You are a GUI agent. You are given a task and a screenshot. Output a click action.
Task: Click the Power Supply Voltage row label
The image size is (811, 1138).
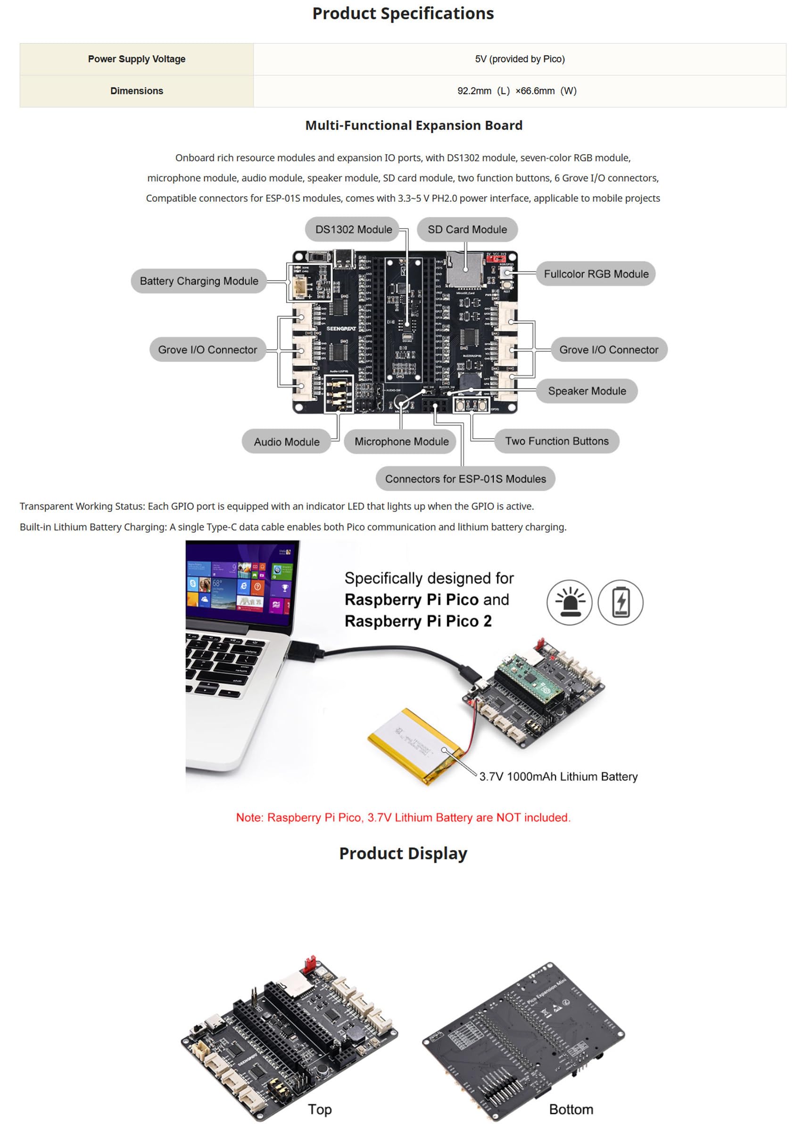pyautogui.click(x=136, y=59)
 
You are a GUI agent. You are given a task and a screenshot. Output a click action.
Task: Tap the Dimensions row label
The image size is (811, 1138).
pyautogui.click(x=136, y=91)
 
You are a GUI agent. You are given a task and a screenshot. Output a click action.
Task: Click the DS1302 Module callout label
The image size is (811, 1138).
pyautogui.click(x=353, y=230)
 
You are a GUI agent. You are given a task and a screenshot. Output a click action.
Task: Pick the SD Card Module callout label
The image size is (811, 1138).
pyautogui.click(x=467, y=230)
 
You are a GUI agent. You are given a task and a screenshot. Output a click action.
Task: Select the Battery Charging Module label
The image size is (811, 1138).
pyautogui.click(x=199, y=281)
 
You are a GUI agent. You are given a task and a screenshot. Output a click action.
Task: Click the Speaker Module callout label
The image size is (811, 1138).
pyautogui.click(x=586, y=391)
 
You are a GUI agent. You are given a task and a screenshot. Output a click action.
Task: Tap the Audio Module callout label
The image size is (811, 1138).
pyautogui.click(x=286, y=442)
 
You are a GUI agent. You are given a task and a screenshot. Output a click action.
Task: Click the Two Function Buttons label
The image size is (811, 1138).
pyautogui.click(x=556, y=441)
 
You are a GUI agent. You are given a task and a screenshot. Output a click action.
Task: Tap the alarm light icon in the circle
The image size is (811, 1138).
pyautogui.click(x=569, y=602)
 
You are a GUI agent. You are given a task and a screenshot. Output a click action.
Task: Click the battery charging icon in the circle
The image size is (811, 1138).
pyautogui.click(x=620, y=602)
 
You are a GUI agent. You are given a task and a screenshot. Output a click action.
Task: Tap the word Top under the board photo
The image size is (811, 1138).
pyautogui.click(x=320, y=1110)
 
